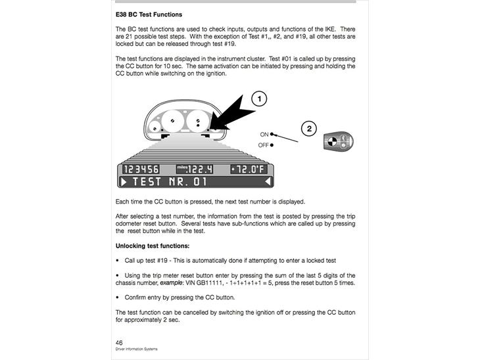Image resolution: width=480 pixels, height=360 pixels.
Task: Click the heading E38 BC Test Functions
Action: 149,14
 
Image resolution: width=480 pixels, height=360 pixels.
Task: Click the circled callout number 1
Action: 260,99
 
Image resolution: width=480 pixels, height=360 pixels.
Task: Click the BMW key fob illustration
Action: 337,141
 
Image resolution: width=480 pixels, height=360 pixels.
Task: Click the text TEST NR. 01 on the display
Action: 170,181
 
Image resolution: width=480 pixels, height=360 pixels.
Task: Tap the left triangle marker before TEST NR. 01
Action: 123,181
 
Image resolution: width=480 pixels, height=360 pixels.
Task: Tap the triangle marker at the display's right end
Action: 269,181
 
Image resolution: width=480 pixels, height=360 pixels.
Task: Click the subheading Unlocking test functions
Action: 153,246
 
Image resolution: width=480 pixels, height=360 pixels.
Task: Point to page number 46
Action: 119,342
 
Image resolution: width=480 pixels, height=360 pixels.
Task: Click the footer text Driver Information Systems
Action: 136,349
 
